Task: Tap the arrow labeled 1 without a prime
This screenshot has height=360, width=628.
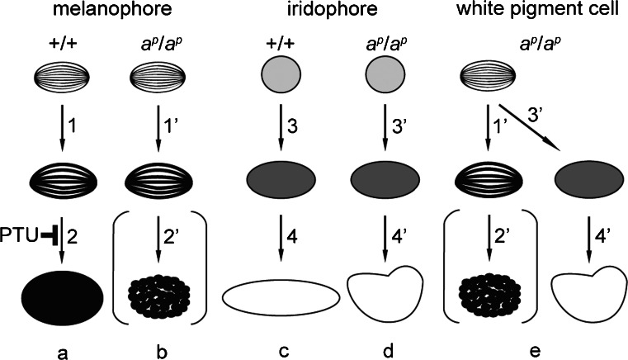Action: (63, 125)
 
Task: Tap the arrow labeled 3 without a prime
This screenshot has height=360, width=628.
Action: (282, 125)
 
